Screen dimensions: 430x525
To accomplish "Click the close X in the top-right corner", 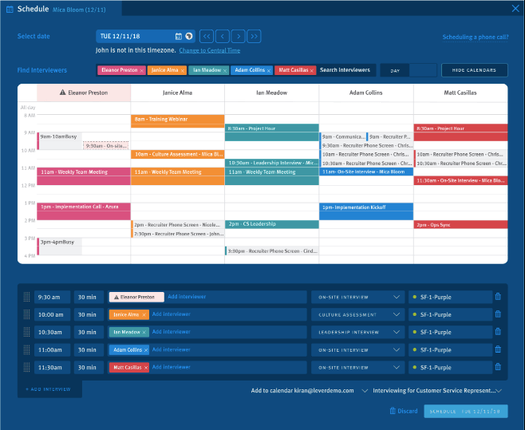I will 515,9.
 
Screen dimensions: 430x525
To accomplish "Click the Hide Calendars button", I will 474,70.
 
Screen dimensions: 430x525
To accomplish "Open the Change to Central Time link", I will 209,50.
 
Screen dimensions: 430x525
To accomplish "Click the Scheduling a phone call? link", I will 475,37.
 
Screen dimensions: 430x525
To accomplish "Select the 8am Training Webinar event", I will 177,120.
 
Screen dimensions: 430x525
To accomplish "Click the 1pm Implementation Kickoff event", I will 366,207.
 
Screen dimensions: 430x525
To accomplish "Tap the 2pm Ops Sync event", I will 460,225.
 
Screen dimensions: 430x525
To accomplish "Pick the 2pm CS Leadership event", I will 271,224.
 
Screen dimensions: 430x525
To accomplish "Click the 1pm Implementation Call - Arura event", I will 83,207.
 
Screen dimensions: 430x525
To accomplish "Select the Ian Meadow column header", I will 271,93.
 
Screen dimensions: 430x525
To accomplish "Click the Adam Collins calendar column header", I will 365,93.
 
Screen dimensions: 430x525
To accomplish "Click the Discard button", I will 404,411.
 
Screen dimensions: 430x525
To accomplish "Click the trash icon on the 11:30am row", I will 499,367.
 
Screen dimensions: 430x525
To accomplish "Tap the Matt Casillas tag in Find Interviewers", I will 292,70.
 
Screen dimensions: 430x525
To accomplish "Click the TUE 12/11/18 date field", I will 136,36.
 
